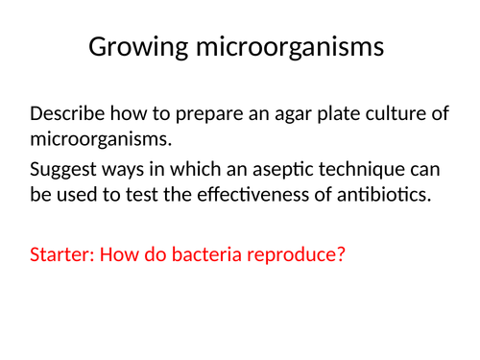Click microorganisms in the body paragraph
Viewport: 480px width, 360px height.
click(100, 140)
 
